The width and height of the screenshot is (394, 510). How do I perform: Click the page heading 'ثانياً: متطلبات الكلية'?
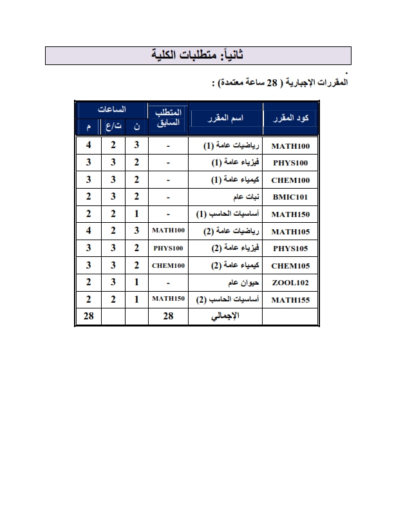pos(196,56)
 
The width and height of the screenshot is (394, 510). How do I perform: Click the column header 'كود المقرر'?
pos(290,118)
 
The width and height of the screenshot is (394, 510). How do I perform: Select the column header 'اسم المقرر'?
pos(225,118)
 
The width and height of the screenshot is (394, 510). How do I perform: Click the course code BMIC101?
pos(290,196)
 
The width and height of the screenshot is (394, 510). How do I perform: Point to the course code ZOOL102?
pos(290,283)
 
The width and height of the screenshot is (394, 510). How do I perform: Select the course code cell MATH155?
pos(290,300)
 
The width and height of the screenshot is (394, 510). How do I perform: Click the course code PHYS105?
pos(290,248)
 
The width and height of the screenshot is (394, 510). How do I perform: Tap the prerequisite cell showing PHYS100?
pos(168,248)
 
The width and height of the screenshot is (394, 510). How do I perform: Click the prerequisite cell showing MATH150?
pos(168,300)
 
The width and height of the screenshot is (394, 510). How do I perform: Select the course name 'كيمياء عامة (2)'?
pos(234,265)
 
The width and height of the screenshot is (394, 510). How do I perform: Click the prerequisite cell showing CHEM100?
pos(168,265)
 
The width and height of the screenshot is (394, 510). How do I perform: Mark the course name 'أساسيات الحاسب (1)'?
pos(229,213)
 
